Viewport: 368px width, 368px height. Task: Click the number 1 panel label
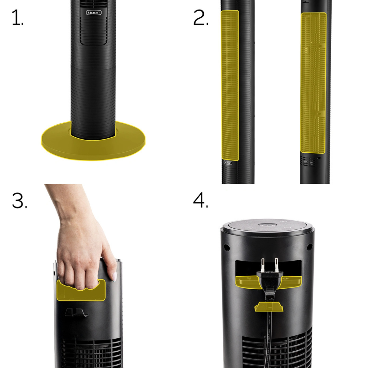(x=17, y=18)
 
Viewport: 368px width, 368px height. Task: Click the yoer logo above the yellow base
(x=93, y=13)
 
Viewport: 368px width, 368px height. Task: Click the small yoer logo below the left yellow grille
(x=228, y=163)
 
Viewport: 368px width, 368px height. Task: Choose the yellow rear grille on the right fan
(x=313, y=82)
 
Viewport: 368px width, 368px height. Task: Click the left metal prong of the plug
(x=263, y=265)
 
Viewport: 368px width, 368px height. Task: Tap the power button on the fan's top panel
(x=266, y=226)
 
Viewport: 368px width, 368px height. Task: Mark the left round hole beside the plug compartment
(x=225, y=246)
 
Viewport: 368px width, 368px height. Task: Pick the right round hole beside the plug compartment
(x=309, y=246)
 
